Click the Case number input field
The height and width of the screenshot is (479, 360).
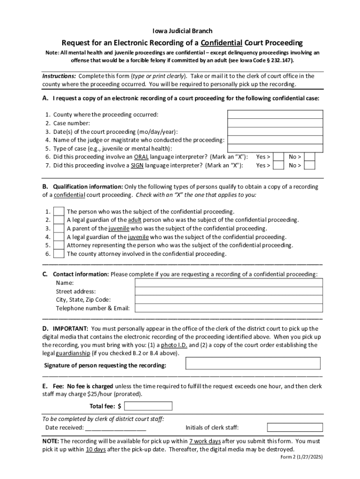click(275, 123)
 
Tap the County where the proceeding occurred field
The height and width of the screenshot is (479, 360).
click(275, 115)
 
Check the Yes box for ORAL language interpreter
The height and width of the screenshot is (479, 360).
click(278, 157)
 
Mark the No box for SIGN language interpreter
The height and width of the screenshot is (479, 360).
click(310, 165)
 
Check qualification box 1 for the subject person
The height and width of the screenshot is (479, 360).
click(59, 211)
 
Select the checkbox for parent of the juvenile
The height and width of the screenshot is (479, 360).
click(59, 228)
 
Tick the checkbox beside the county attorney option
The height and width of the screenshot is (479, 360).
click(59, 254)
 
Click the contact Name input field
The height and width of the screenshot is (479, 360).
click(229, 283)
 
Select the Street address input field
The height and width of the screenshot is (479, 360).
click(229, 291)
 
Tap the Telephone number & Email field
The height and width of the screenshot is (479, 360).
click(229, 308)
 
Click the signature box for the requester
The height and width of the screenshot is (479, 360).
click(253, 363)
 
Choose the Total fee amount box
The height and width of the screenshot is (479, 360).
click(148, 406)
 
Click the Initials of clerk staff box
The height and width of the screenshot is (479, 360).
click(295, 428)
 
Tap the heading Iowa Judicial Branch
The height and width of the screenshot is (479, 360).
click(182, 31)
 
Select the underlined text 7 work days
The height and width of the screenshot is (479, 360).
click(205, 441)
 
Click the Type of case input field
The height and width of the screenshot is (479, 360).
click(275, 148)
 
